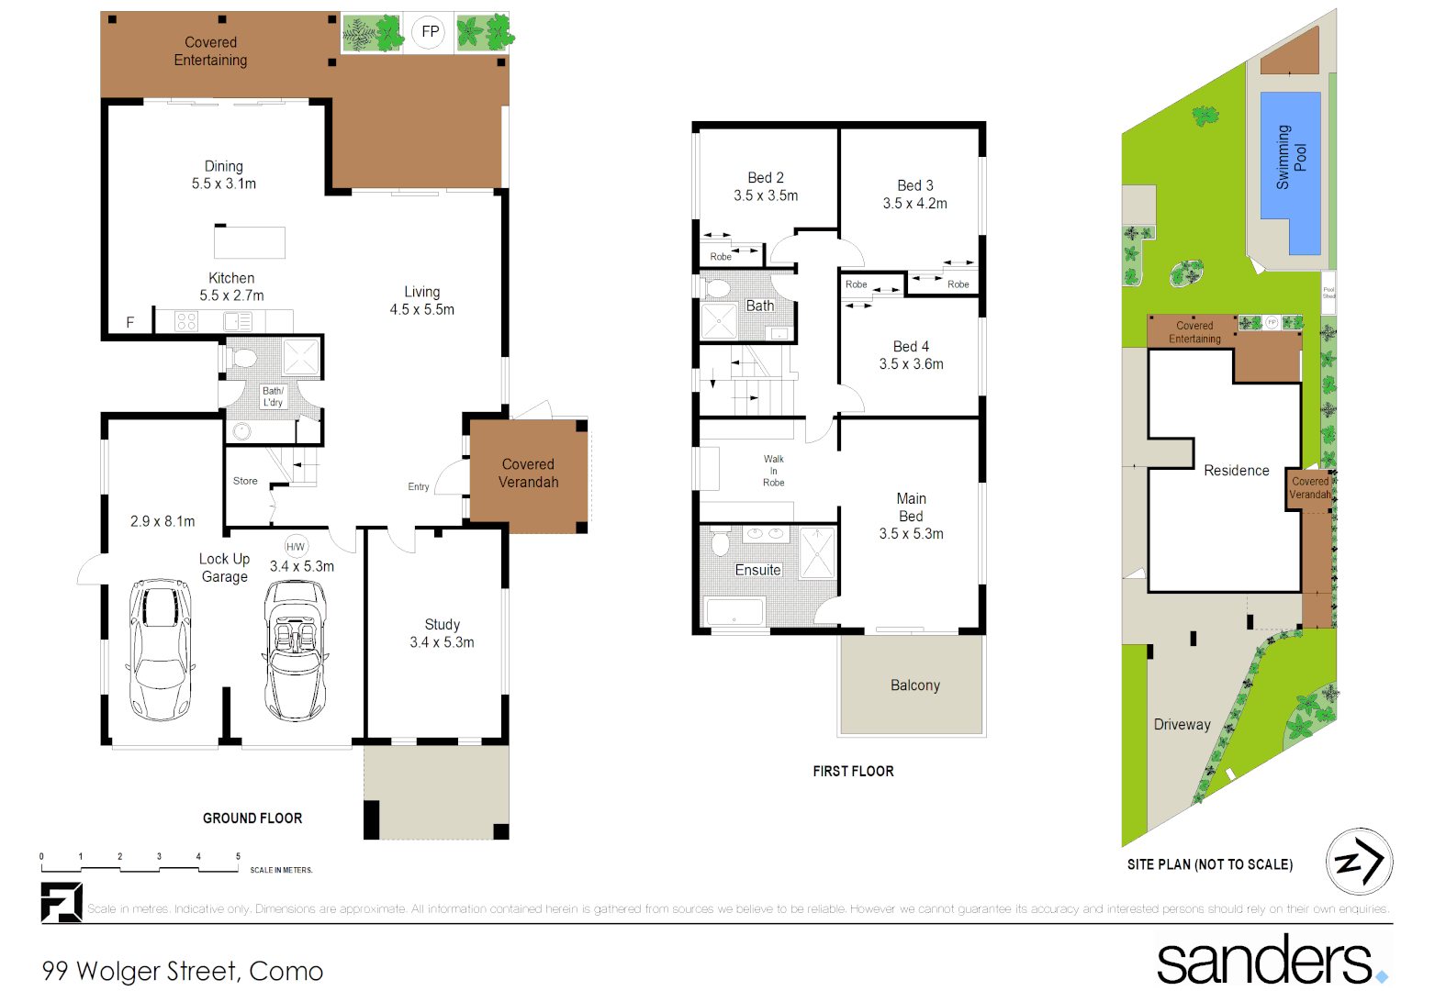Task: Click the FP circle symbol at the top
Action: (430, 32)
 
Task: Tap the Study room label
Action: (442, 625)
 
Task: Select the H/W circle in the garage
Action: (295, 547)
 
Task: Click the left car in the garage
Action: (161, 649)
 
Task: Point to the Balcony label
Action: (914, 685)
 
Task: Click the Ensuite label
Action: (757, 570)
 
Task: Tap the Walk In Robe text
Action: (773, 471)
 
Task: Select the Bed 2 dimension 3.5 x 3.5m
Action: (766, 195)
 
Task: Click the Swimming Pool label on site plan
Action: (1291, 157)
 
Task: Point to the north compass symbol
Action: (1359, 862)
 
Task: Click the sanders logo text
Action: (1264, 961)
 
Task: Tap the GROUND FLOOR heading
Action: (252, 818)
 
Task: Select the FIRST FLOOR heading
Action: (853, 772)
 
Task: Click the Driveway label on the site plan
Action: (1182, 725)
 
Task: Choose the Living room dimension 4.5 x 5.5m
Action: (421, 310)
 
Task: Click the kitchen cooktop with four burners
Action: (186, 321)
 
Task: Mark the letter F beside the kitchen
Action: (130, 322)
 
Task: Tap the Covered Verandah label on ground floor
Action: (528, 473)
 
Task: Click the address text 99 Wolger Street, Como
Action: (183, 971)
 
